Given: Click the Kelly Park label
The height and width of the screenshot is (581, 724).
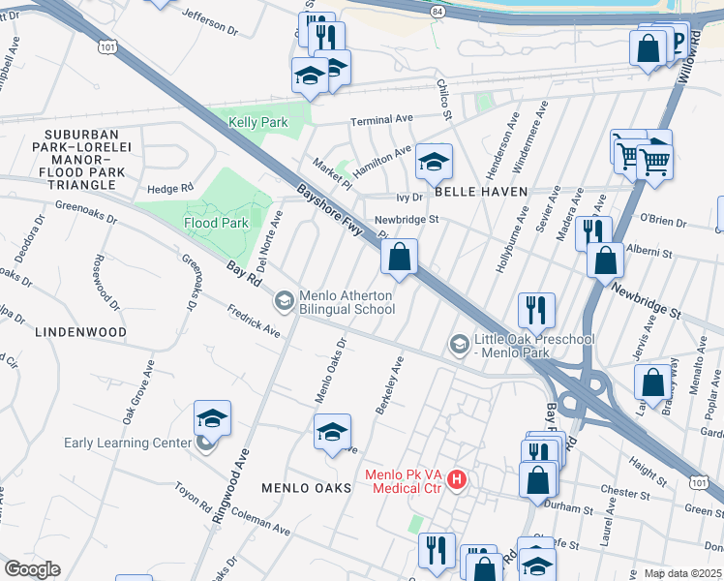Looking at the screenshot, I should tap(257, 123).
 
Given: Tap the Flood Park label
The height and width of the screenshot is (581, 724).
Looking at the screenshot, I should tap(216, 223).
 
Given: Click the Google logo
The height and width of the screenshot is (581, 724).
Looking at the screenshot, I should tap(32, 569).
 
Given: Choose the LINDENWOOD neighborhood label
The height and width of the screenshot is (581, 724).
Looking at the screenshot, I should tap(80, 332).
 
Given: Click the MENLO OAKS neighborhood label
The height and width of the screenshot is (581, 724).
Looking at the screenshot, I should tap(306, 488).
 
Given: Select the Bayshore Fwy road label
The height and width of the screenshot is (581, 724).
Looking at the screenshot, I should tap(328, 215).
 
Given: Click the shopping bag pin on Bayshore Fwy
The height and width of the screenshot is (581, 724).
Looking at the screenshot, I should tap(400, 258).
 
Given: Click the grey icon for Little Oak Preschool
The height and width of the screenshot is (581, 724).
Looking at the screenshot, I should tap(459, 343).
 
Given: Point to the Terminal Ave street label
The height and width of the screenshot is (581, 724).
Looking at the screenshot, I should tap(381, 120).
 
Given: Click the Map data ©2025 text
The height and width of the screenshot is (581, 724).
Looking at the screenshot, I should tap(682, 573).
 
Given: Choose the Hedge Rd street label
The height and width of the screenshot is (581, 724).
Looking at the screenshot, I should tap(169, 188).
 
